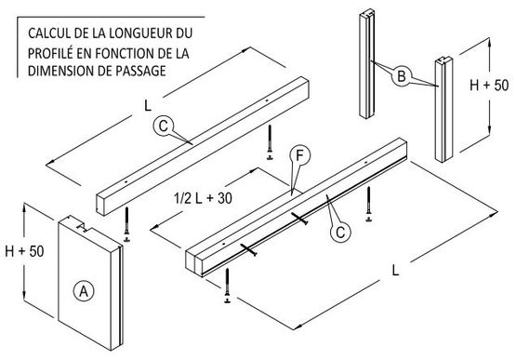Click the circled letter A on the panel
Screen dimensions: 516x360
coord(84,291)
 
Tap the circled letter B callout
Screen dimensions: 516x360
coord(401,76)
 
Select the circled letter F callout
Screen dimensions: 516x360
coord(299,155)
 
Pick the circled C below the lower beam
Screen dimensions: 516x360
coord(340,233)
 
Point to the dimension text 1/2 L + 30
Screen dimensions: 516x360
coord(203,198)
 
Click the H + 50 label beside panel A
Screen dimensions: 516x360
coord(24,251)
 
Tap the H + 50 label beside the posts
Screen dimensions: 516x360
coord(489,85)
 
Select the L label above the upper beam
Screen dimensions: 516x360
coord(148,106)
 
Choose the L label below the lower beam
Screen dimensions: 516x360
coord(395,271)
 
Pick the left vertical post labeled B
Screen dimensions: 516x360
coord(367,63)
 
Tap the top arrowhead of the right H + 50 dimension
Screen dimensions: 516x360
coord(489,42)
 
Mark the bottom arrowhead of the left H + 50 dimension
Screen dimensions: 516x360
coord(24,296)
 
